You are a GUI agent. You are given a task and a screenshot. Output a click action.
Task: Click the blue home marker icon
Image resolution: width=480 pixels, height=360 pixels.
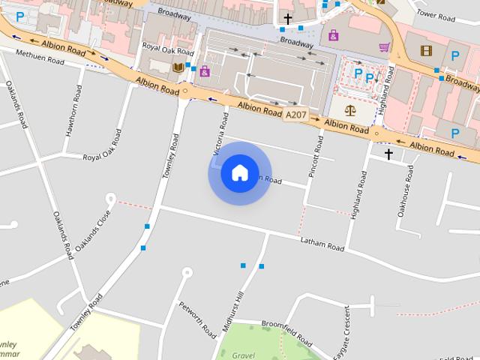point(239,173)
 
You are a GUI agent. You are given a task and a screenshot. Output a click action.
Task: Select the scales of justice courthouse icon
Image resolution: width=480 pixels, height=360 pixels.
point(350,110)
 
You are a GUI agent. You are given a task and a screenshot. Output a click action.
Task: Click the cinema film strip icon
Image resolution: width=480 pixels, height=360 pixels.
point(427,51)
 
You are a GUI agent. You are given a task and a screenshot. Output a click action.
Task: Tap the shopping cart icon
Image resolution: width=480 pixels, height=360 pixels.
point(385,46)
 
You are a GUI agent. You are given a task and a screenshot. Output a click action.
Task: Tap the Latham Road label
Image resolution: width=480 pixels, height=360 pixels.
point(322,244)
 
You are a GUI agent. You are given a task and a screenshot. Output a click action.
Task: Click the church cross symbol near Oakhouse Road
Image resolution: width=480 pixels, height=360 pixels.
point(388,154)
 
